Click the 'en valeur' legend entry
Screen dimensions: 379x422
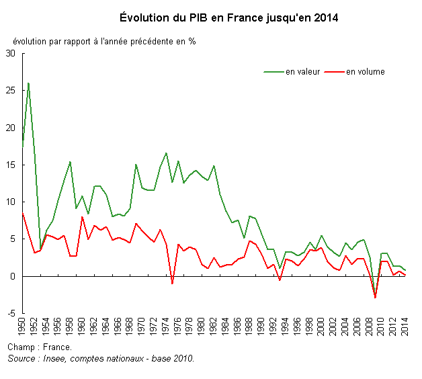tap(302, 72)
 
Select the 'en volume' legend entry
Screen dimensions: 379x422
tap(365, 72)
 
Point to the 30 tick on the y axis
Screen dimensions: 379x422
tap(10, 54)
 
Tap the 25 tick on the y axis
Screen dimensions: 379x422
tap(10, 91)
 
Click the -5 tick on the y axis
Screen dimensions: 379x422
tap(11, 313)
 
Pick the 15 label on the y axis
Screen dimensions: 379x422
tap(10, 165)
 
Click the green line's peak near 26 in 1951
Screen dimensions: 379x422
tap(28, 83)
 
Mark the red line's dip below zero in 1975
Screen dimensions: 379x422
tap(172, 284)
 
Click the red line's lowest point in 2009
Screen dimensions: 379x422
tap(375, 298)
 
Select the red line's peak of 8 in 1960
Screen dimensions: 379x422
tap(82, 216)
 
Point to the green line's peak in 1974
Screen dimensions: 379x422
tap(166, 153)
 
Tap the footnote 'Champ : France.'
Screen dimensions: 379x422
tap(40, 347)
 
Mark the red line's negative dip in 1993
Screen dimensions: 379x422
tap(280, 280)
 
